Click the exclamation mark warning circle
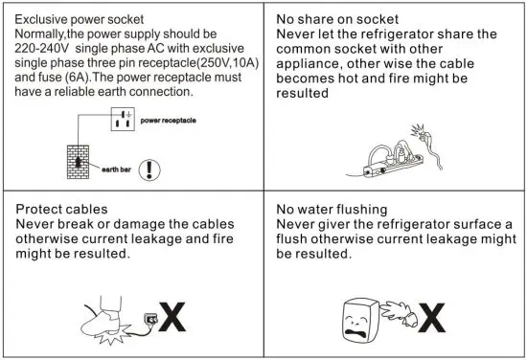(149, 170)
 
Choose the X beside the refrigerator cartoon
(433, 317)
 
